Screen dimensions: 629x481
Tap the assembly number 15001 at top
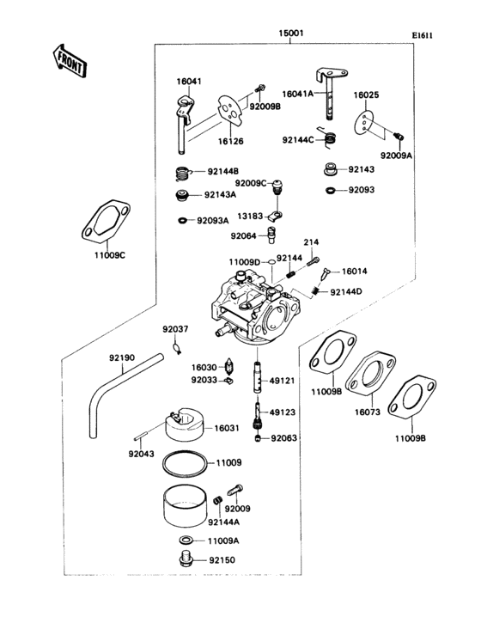pos(289,34)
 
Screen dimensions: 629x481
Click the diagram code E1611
pos(422,35)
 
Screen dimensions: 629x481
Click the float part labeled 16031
pos(184,418)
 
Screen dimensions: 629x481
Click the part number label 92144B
pos(223,171)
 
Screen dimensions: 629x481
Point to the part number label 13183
pos(251,217)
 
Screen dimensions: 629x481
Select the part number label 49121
pos(282,380)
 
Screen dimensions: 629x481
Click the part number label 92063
pos(283,438)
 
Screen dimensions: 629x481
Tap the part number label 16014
pos(354,272)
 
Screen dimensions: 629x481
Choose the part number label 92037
pos(175,328)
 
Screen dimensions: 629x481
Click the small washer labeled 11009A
pos(185,540)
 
